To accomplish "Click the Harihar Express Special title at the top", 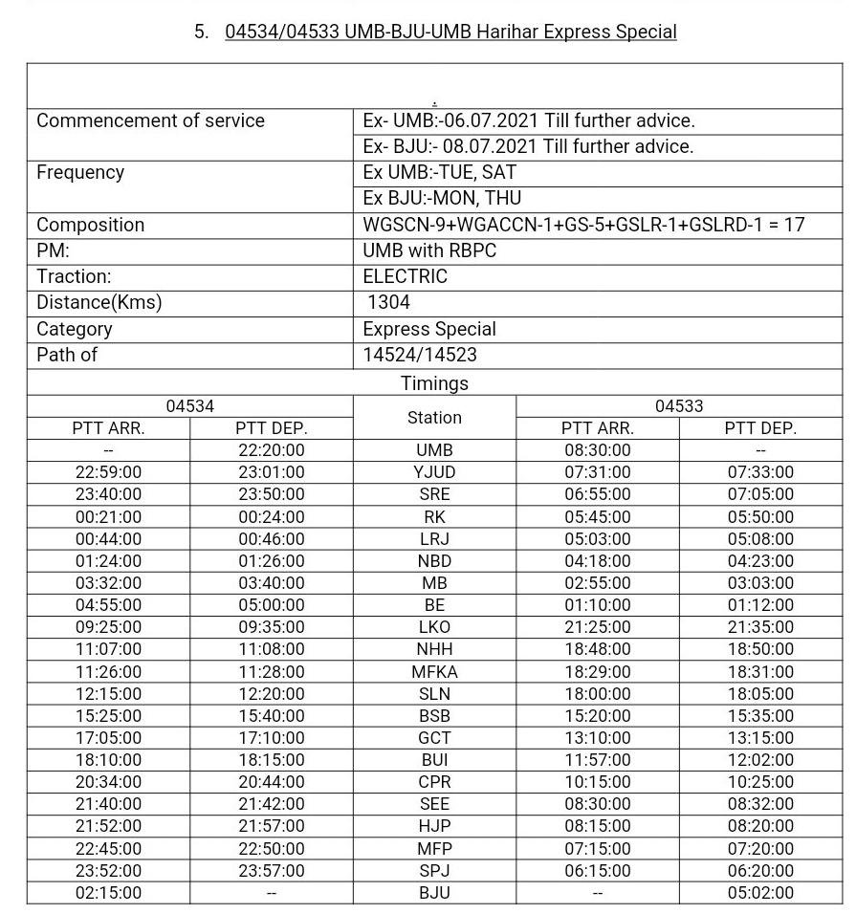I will point(450,32).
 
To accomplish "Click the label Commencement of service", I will point(150,121).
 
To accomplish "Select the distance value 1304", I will point(388,303).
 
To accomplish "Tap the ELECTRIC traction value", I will point(405,277).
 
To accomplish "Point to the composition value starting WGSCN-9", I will point(583,226).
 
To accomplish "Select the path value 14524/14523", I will point(420,355).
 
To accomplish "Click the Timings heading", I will point(434,383).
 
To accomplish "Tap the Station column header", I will point(434,418).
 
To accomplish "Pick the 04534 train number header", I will point(190,406).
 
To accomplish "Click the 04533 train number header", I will point(679,406).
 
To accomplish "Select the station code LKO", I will point(434,628).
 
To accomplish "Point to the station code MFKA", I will point(434,672).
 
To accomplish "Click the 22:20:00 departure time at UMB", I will point(272,450).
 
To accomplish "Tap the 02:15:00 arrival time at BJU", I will point(108,893).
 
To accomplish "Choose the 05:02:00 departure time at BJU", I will point(760,893).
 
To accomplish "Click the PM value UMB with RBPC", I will point(429,251).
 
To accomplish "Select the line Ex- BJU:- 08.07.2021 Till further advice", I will point(528,147).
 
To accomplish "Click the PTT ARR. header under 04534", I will point(108,429).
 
